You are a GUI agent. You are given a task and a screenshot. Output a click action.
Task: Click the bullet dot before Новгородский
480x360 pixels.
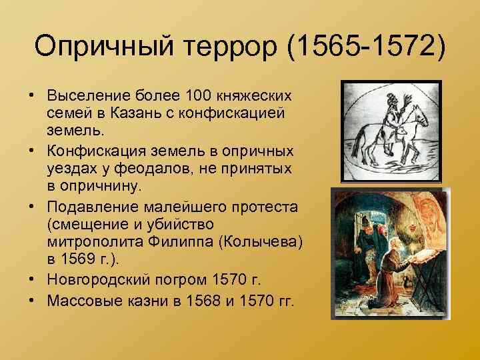(x=33, y=277)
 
